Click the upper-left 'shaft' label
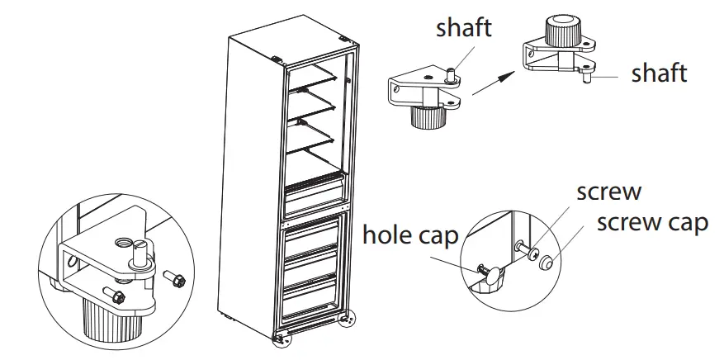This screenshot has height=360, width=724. coord(464,28)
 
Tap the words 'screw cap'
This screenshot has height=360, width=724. coord(652,223)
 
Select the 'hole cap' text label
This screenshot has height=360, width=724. coord(410,237)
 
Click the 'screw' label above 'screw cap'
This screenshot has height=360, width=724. coord(608,192)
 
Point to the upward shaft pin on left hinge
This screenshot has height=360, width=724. coord(452,76)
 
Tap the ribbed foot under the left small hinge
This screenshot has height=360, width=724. coord(430,121)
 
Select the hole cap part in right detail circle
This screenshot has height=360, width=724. coord(490,276)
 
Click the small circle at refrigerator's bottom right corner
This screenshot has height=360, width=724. coord(350,317)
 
